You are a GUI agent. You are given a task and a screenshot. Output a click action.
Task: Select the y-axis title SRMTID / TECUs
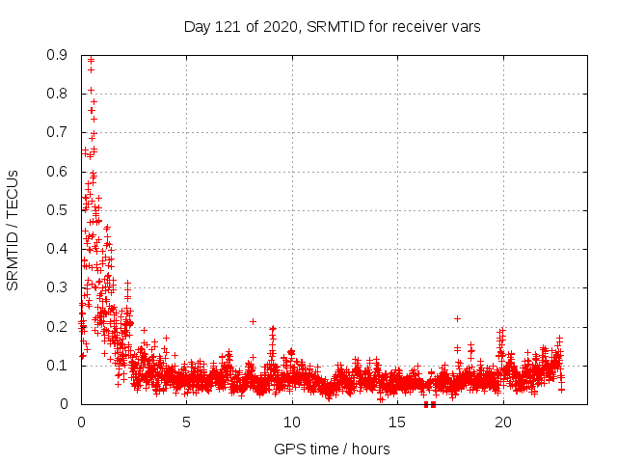tap(13, 230)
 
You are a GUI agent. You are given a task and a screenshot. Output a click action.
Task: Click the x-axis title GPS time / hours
tap(333, 449)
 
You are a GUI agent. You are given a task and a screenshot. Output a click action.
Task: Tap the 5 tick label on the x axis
tap(186, 422)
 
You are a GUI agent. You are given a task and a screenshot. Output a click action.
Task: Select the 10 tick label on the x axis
tap(291, 422)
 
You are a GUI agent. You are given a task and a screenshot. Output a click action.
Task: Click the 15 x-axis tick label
tap(397, 422)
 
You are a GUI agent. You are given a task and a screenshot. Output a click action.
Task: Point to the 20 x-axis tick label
tap(502, 422)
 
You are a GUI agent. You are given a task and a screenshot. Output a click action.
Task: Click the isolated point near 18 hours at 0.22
tap(457, 318)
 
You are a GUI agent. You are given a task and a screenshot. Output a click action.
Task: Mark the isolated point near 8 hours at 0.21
tap(253, 321)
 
